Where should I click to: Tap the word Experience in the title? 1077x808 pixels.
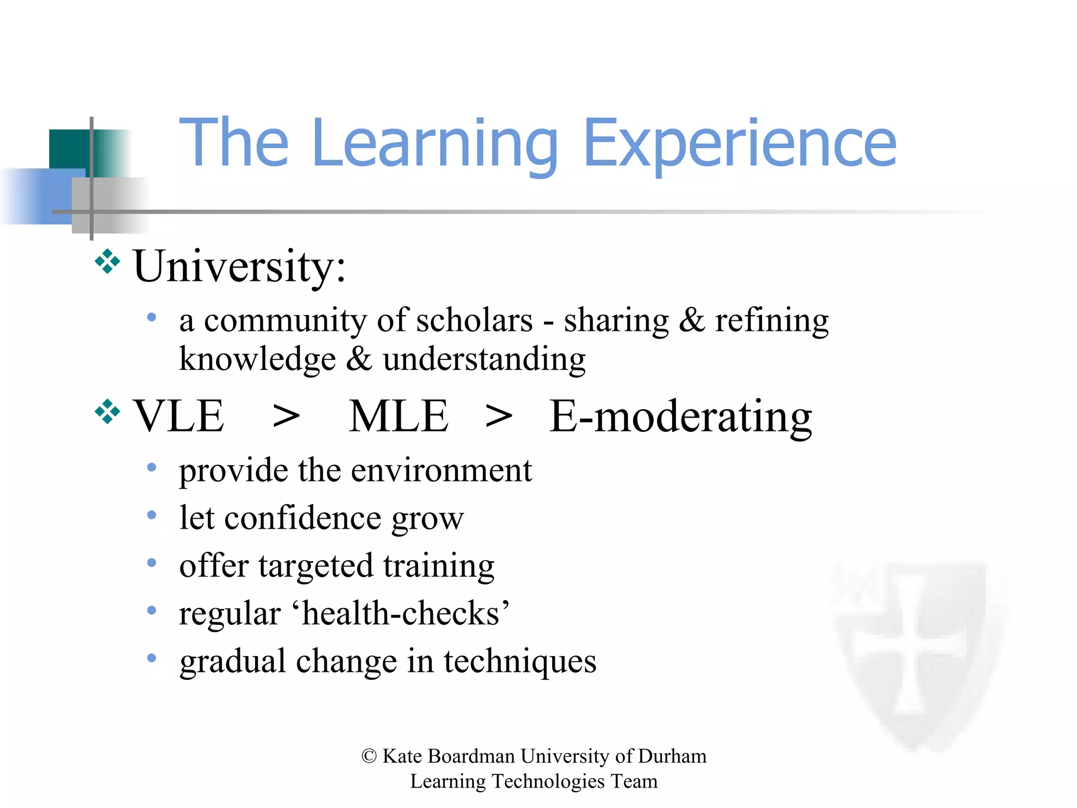(739, 143)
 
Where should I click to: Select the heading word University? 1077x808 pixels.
(239, 266)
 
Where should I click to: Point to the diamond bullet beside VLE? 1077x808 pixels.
(107, 411)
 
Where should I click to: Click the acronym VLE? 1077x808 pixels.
(179, 416)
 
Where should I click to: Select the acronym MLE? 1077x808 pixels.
(399, 416)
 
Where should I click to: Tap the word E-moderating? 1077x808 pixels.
(680, 416)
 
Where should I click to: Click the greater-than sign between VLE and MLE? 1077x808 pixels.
(287, 417)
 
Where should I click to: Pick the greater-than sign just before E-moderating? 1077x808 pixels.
(499, 417)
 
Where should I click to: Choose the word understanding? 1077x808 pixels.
(484, 359)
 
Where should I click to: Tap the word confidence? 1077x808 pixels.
(303, 518)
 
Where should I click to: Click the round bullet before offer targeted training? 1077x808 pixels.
(151, 563)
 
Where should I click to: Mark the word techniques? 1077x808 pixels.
(520, 661)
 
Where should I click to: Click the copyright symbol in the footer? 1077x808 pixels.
(369, 756)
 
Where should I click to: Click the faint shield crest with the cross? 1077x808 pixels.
(913, 652)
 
